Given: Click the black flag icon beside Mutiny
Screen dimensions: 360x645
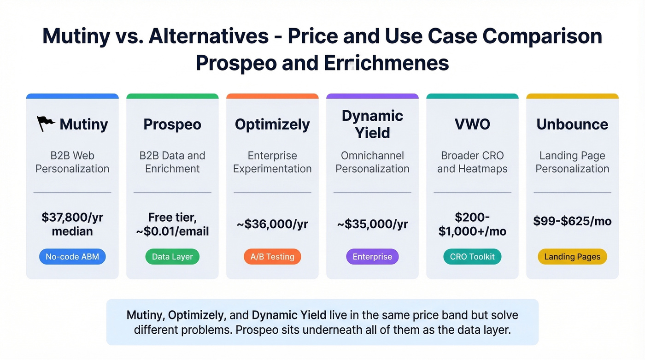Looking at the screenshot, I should [46, 124].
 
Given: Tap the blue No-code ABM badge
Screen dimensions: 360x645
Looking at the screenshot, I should [72, 257].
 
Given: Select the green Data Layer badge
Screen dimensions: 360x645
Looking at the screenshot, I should [172, 257].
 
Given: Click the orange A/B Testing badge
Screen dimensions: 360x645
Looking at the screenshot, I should [272, 257].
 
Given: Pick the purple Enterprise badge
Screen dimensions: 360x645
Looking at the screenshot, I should [372, 257].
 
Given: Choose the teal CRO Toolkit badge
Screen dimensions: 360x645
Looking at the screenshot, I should [472, 257].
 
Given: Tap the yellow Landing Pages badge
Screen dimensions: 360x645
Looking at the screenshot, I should [572, 257].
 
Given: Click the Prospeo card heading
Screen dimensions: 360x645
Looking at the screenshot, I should [172, 124].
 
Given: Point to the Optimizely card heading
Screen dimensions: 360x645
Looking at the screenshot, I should [272, 124].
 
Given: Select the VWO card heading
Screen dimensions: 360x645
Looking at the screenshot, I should [472, 124].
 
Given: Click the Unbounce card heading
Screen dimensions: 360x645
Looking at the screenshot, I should [572, 124].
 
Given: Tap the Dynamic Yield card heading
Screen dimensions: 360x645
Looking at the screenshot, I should [372, 124].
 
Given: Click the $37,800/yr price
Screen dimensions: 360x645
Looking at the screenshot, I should [72, 218].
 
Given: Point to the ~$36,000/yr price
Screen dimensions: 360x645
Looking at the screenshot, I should [272, 224].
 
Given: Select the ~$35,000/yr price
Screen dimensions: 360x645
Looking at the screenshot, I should [372, 224].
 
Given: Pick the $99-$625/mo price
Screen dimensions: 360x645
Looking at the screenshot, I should [572, 221].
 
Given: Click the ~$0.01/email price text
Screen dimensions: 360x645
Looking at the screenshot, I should [172, 231].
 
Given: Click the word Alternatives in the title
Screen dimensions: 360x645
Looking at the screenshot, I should [209, 36].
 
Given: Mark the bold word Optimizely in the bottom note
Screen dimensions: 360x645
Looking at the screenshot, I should [196, 315].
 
